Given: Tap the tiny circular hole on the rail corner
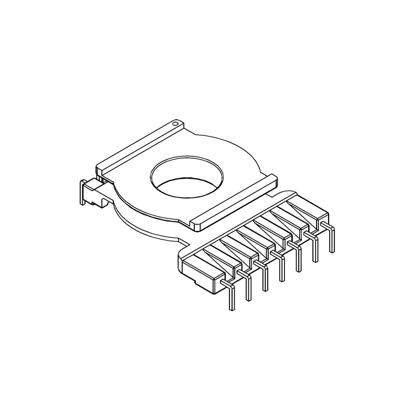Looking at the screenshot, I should click(x=176, y=124).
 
